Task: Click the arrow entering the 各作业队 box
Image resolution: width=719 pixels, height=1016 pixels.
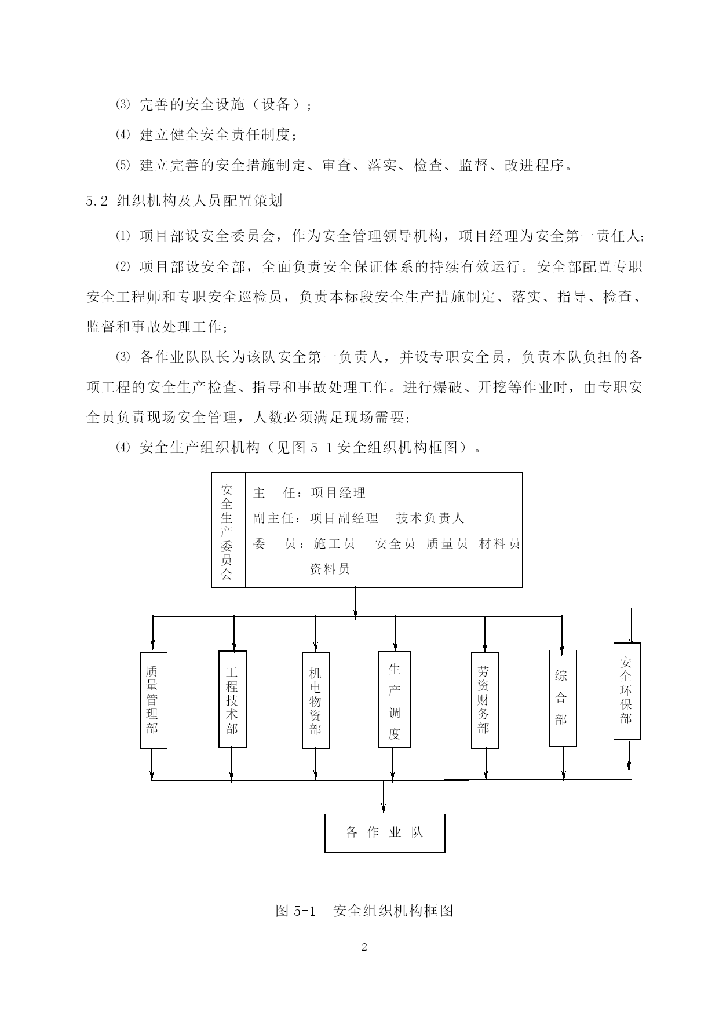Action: tap(384, 796)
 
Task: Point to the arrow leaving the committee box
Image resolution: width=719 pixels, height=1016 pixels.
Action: tap(355, 602)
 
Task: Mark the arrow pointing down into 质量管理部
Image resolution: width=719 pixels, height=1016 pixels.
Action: tap(152, 634)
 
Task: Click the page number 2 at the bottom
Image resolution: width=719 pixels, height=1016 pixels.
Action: tap(364, 948)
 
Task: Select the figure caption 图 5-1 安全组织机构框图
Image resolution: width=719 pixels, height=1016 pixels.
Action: tap(364, 911)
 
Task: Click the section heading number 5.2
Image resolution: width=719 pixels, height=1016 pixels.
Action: tap(97, 201)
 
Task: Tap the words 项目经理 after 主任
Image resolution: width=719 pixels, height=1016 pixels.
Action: tap(338, 493)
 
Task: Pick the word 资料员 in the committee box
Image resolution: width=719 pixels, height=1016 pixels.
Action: tap(330, 569)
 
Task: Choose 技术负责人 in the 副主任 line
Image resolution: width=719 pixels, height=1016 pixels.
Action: tap(430, 518)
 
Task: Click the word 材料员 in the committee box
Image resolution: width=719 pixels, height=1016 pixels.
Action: tap(499, 543)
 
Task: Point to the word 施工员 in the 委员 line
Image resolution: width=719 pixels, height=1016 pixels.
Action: tap(334, 543)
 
